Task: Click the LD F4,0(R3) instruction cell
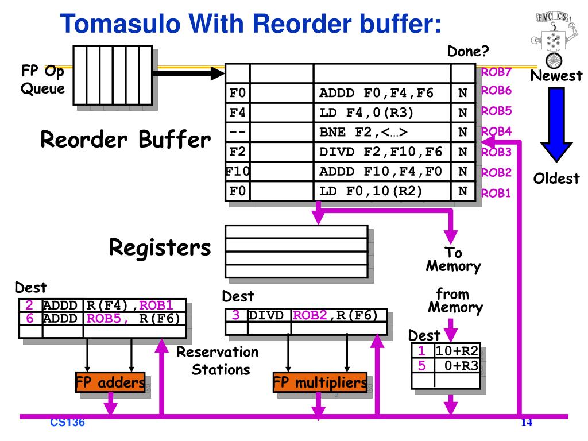(x=382, y=113)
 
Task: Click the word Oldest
(x=556, y=179)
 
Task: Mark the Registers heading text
(x=160, y=248)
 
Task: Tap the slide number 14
(x=527, y=423)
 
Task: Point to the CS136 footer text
(x=67, y=423)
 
